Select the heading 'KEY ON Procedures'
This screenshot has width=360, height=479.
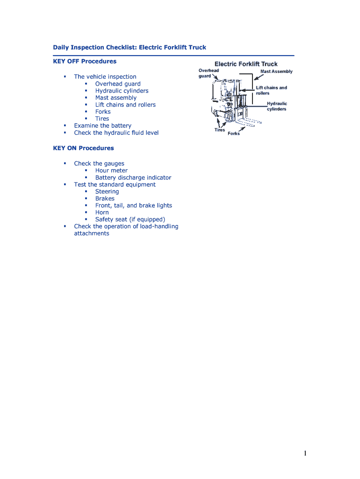coord(83,148)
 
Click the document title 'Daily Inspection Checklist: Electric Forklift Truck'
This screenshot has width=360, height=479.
coord(129,47)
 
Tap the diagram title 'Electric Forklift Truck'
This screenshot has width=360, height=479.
coord(245,64)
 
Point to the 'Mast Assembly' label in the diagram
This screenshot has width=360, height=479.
coord(276,72)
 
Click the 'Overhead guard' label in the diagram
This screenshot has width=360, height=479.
coord(209,73)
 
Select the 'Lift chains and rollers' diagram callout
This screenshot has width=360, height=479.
coord(271,90)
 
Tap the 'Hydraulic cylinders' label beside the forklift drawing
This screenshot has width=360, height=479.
coord(277,106)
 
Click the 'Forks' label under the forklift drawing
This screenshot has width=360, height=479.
coord(234,134)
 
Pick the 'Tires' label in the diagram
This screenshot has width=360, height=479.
coord(220,130)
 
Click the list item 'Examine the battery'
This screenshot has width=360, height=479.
coord(102,126)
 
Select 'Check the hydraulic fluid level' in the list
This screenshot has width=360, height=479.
coord(116,133)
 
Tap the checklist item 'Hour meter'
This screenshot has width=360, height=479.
coord(111,171)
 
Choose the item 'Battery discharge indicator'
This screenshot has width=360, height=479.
coord(133,178)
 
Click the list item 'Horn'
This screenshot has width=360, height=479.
coord(102,212)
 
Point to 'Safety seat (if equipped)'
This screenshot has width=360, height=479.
coord(130,219)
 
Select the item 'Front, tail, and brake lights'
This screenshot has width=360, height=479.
coord(133,205)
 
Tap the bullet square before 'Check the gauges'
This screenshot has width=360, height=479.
coord(65,163)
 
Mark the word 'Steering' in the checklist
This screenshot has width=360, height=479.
coord(107,192)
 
